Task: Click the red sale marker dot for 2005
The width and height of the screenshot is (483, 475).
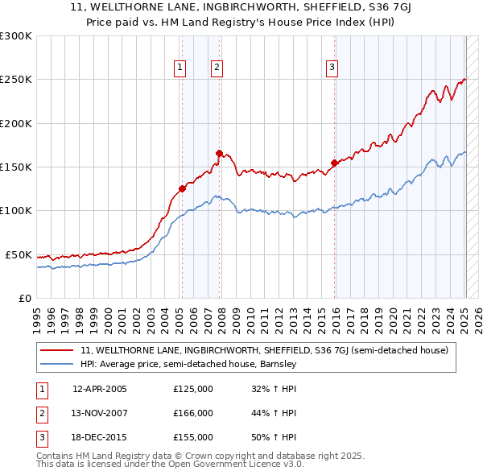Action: pos(182,188)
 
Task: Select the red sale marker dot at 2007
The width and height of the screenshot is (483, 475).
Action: pos(219,152)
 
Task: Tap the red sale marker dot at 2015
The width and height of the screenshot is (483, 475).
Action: pos(333,163)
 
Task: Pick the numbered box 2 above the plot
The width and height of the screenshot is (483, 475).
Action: pos(217,68)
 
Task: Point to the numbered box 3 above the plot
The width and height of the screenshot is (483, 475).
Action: pos(332,68)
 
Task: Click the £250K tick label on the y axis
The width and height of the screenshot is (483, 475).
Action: pos(16,80)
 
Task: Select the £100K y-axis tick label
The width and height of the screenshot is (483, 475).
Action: pos(16,210)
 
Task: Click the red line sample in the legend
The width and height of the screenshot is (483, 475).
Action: pos(57,350)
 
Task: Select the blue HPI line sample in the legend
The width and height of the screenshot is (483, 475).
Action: pos(57,364)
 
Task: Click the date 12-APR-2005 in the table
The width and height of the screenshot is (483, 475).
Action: pos(100,389)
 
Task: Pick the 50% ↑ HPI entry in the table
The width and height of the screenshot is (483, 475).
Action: pos(274,437)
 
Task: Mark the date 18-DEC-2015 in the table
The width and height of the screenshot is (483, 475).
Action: pos(100,437)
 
